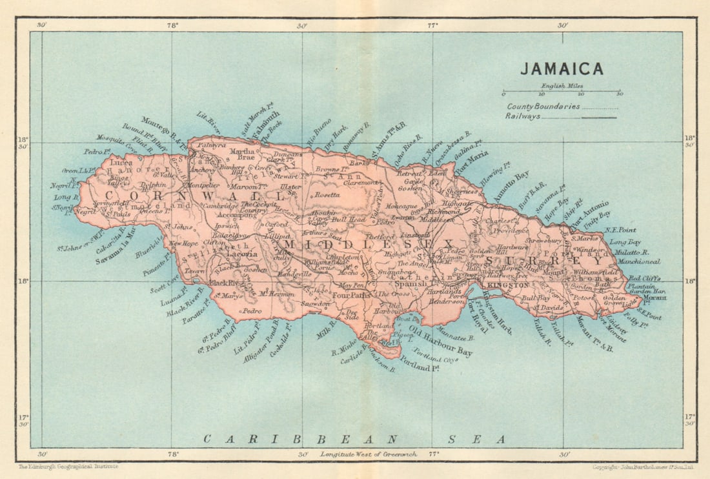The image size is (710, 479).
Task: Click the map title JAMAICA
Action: pyautogui.click(x=562, y=69)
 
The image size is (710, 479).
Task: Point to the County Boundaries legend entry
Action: pyautogui.click(x=543, y=107)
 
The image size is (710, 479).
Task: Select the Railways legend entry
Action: pyautogui.click(x=523, y=117)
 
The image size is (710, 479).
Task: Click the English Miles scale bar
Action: pyautogui.click(x=562, y=94)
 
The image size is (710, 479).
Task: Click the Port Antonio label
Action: pyautogui.click(x=589, y=210)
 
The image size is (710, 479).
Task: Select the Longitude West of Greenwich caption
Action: pyautogui.click(x=364, y=454)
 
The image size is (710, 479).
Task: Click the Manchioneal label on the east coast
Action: pyautogui.click(x=638, y=262)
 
